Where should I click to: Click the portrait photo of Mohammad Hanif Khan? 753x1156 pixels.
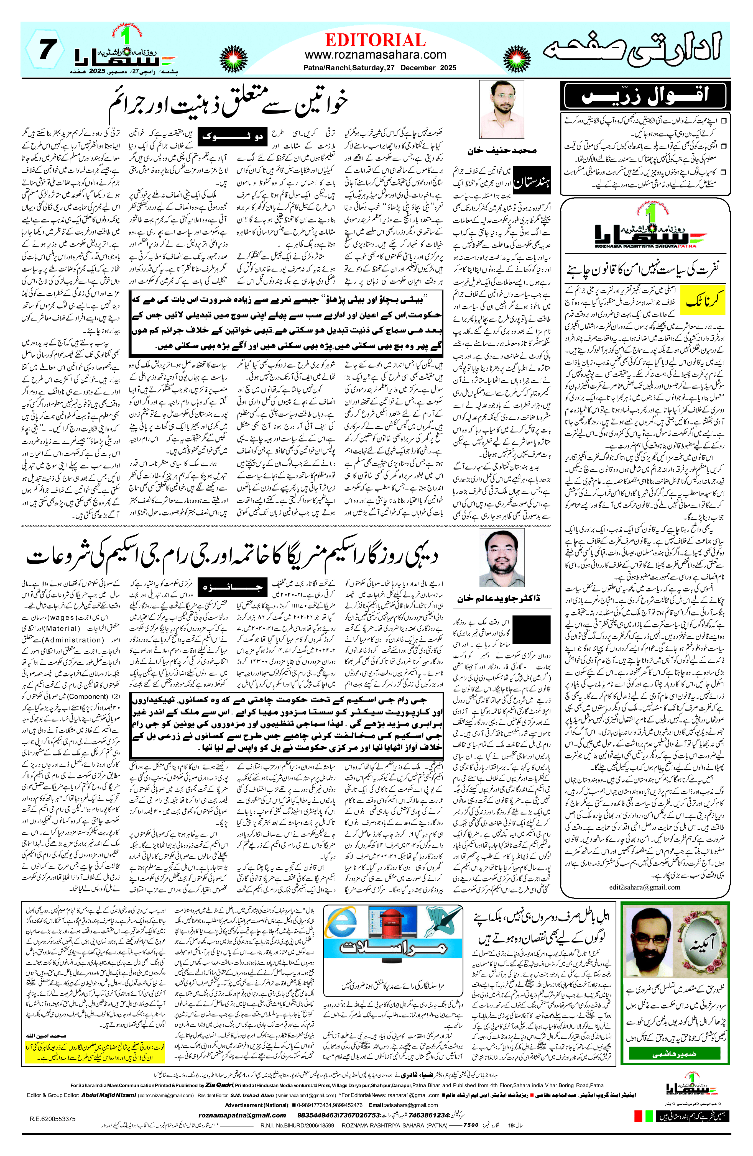[x=501, y=110]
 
